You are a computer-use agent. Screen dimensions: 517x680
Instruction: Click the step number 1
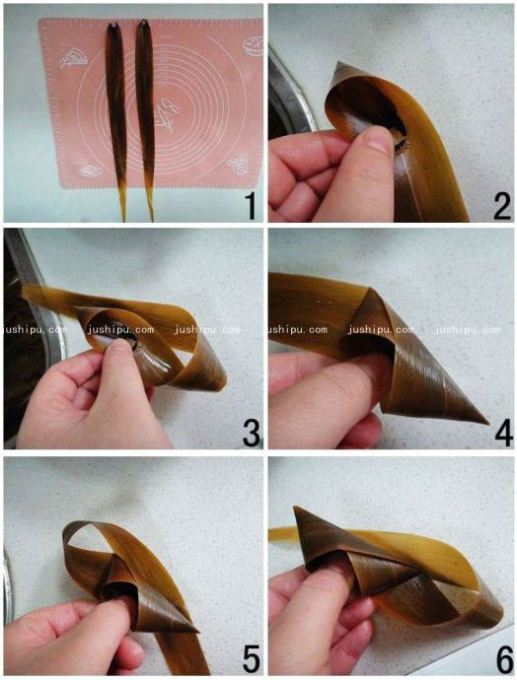click(x=250, y=206)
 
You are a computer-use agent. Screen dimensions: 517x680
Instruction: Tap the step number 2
click(x=501, y=206)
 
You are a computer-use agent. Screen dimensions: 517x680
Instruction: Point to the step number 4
click(x=503, y=434)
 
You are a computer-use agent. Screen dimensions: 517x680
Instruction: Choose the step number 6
click(x=504, y=659)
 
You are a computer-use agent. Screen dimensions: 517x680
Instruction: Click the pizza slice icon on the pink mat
click(x=73, y=58)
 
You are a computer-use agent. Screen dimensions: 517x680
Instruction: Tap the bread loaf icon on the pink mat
click(x=91, y=170)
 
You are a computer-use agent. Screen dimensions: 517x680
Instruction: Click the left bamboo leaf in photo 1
click(x=115, y=117)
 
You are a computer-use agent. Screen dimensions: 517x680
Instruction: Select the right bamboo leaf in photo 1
click(x=145, y=117)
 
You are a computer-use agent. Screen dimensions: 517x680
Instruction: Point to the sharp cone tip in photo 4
click(x=487, y=423)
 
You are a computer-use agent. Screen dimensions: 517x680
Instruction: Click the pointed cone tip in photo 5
click(x=198, y=632)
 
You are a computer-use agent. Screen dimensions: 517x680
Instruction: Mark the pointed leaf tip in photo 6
click(x=296, y=508)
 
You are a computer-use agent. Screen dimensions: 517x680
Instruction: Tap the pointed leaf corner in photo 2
click(x=339, y=63)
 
